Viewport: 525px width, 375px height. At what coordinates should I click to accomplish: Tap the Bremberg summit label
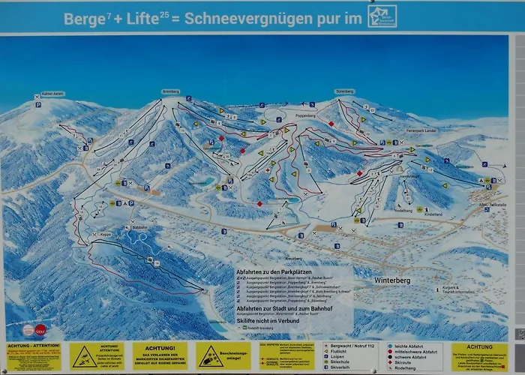(x=171, y=91)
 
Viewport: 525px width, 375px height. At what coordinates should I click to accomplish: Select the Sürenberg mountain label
(x=344, y=91)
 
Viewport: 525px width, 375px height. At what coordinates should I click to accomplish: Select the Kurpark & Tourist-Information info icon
(x=435, y=288)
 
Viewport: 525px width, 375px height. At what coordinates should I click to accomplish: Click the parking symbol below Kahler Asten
(x=37, y=106)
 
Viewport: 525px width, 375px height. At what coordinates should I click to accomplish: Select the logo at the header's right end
(x=382, y=16)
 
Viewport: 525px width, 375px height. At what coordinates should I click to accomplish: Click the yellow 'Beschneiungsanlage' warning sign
(x=223, y=355)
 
